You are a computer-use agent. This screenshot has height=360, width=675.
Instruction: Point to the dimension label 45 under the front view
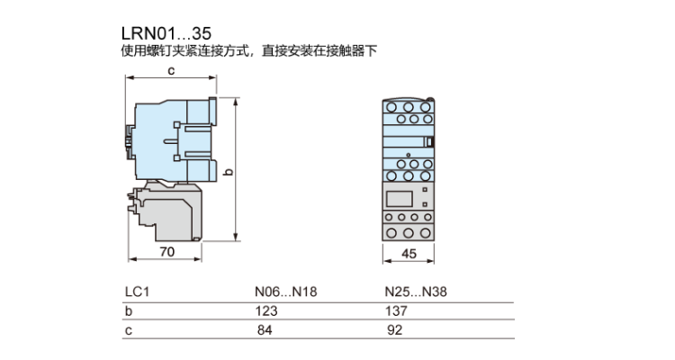[x=409, y=254]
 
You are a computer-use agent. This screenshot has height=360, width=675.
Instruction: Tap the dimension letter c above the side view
[x=169, y=71]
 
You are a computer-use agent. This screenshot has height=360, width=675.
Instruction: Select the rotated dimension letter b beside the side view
[x=229, y=170]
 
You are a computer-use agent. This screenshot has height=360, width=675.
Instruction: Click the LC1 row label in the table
[x=135, y=292]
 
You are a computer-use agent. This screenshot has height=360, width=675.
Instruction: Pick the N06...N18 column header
[x=286, y=292]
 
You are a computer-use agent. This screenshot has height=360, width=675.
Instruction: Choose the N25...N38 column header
[x=416, y=292]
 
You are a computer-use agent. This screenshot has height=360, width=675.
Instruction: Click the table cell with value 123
[x=266, y=310]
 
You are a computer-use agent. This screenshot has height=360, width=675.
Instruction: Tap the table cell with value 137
[x=396, y=310]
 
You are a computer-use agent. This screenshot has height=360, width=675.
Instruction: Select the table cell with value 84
[x=263, y=330]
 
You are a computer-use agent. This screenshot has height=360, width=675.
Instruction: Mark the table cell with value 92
[x=392, y=330]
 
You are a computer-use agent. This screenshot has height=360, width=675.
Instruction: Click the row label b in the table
[x=128, y=310]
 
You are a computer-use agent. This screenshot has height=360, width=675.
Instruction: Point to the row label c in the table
[x=128, y=330]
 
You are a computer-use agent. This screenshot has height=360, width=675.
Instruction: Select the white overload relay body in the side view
[x=171, y=211]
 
